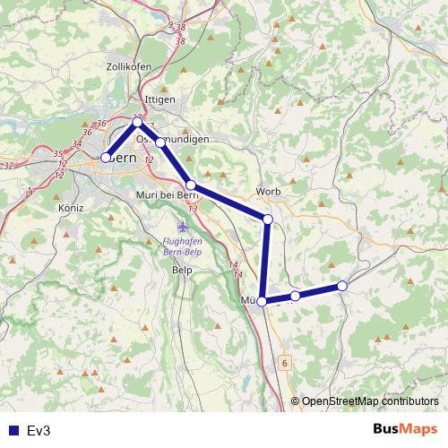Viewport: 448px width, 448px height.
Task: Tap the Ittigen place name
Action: (x=159, y=99)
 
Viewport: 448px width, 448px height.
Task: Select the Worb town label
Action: (x=269, y=191)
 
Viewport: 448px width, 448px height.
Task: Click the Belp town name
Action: (x=183, y=269)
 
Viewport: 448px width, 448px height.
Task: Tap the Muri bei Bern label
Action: (x=166, y=194)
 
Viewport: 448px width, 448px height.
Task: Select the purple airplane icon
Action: (x=184, y=225)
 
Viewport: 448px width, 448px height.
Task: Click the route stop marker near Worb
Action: (x=268, y=219)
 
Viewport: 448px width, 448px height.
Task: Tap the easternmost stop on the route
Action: (x=341, y=286)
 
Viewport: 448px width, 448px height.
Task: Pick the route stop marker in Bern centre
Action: (x=106, y=158)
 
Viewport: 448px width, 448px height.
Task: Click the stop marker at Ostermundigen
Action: (x=160, y=142)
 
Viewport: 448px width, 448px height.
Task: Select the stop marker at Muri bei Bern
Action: (x=191, y=185)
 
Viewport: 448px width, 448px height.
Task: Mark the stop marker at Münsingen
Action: (x=262, y=302)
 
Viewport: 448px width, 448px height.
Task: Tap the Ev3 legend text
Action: (x=39, y=430)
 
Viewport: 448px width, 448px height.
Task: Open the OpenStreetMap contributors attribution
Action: (x=368, y=402)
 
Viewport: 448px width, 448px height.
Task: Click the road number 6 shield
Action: (x=285, y=363)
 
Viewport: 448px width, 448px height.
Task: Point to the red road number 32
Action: (x=8, y=166)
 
